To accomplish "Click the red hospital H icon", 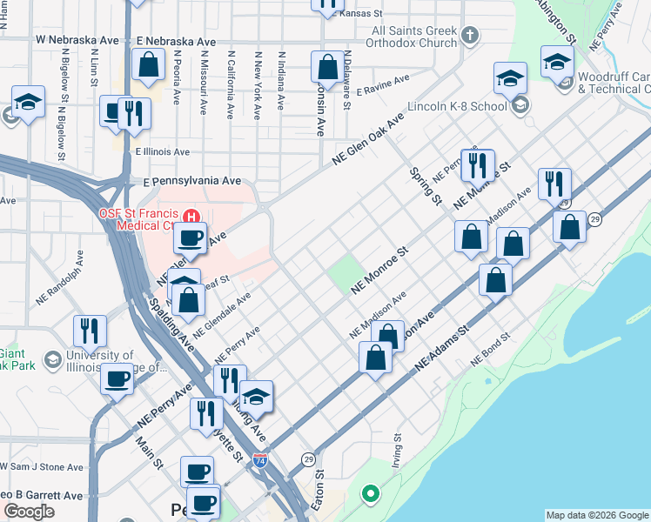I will click(193, 215).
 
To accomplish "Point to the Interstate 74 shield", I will click(260, 458).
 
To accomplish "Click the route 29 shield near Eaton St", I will click(308, 458).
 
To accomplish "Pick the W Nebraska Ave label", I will click(77, 41).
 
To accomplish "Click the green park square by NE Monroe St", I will click(345, 275).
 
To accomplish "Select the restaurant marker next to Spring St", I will click(477, 164).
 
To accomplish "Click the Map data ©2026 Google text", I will click(596, 515).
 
